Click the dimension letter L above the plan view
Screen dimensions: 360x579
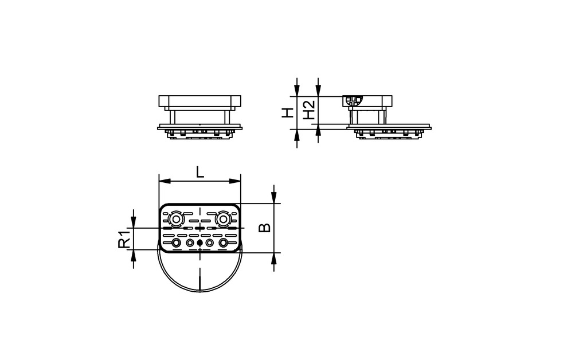(x=199, y=171)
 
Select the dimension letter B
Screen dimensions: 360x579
(x=264, y=228)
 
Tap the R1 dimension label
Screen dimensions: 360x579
(x=123, y=239)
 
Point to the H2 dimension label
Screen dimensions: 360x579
(x=309, y=109)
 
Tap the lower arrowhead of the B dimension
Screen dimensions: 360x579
(x=274, y=259)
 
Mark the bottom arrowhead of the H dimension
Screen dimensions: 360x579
(x=297, y=135)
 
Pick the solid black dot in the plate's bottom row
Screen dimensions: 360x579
(x=199, y=244)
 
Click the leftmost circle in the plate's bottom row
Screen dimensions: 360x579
(x=175, y=244)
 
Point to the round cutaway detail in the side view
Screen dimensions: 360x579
(x=353, y=101)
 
